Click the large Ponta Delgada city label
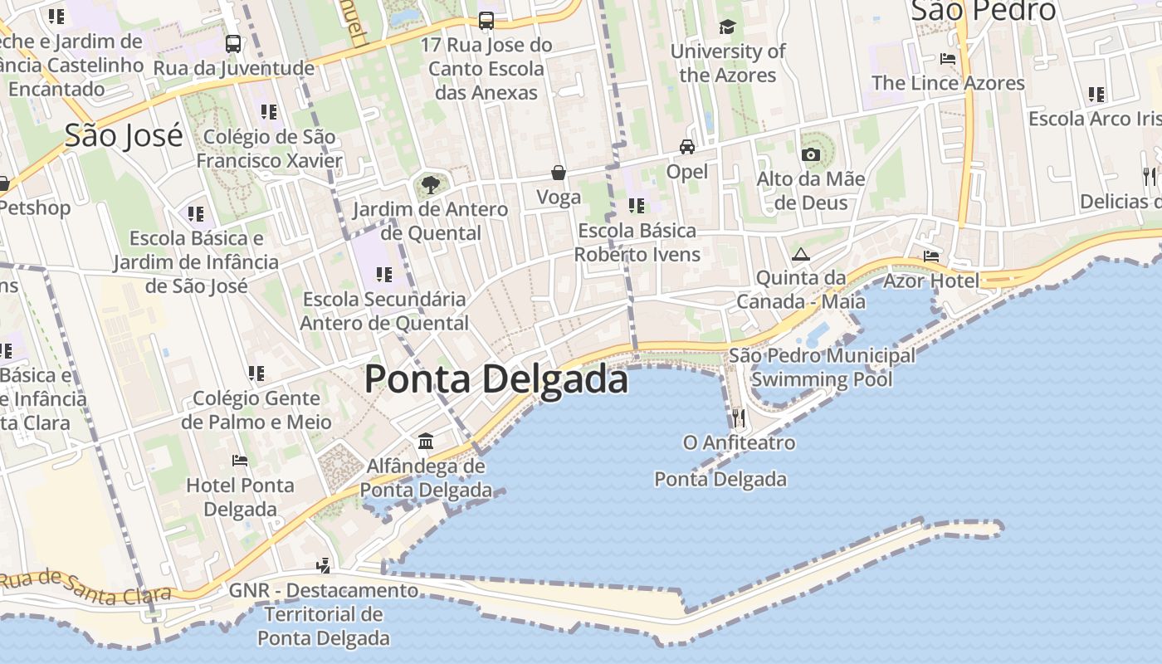496,379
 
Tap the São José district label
124,134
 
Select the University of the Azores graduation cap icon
727,27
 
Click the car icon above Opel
687,147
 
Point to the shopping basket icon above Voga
559,173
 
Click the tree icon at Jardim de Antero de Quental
430,183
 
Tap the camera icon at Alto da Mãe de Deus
811,154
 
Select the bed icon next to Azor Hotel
931,256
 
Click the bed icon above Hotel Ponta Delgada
240,460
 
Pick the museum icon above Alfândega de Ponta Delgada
426,441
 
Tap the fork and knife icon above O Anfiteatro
739,417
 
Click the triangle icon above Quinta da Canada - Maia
800,254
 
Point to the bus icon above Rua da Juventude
233,43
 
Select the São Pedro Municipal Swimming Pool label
822,368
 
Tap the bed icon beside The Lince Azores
947,59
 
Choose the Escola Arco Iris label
1091,119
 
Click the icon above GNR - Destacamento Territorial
324,565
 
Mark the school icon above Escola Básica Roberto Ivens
637,205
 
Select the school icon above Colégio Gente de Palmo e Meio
256,373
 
